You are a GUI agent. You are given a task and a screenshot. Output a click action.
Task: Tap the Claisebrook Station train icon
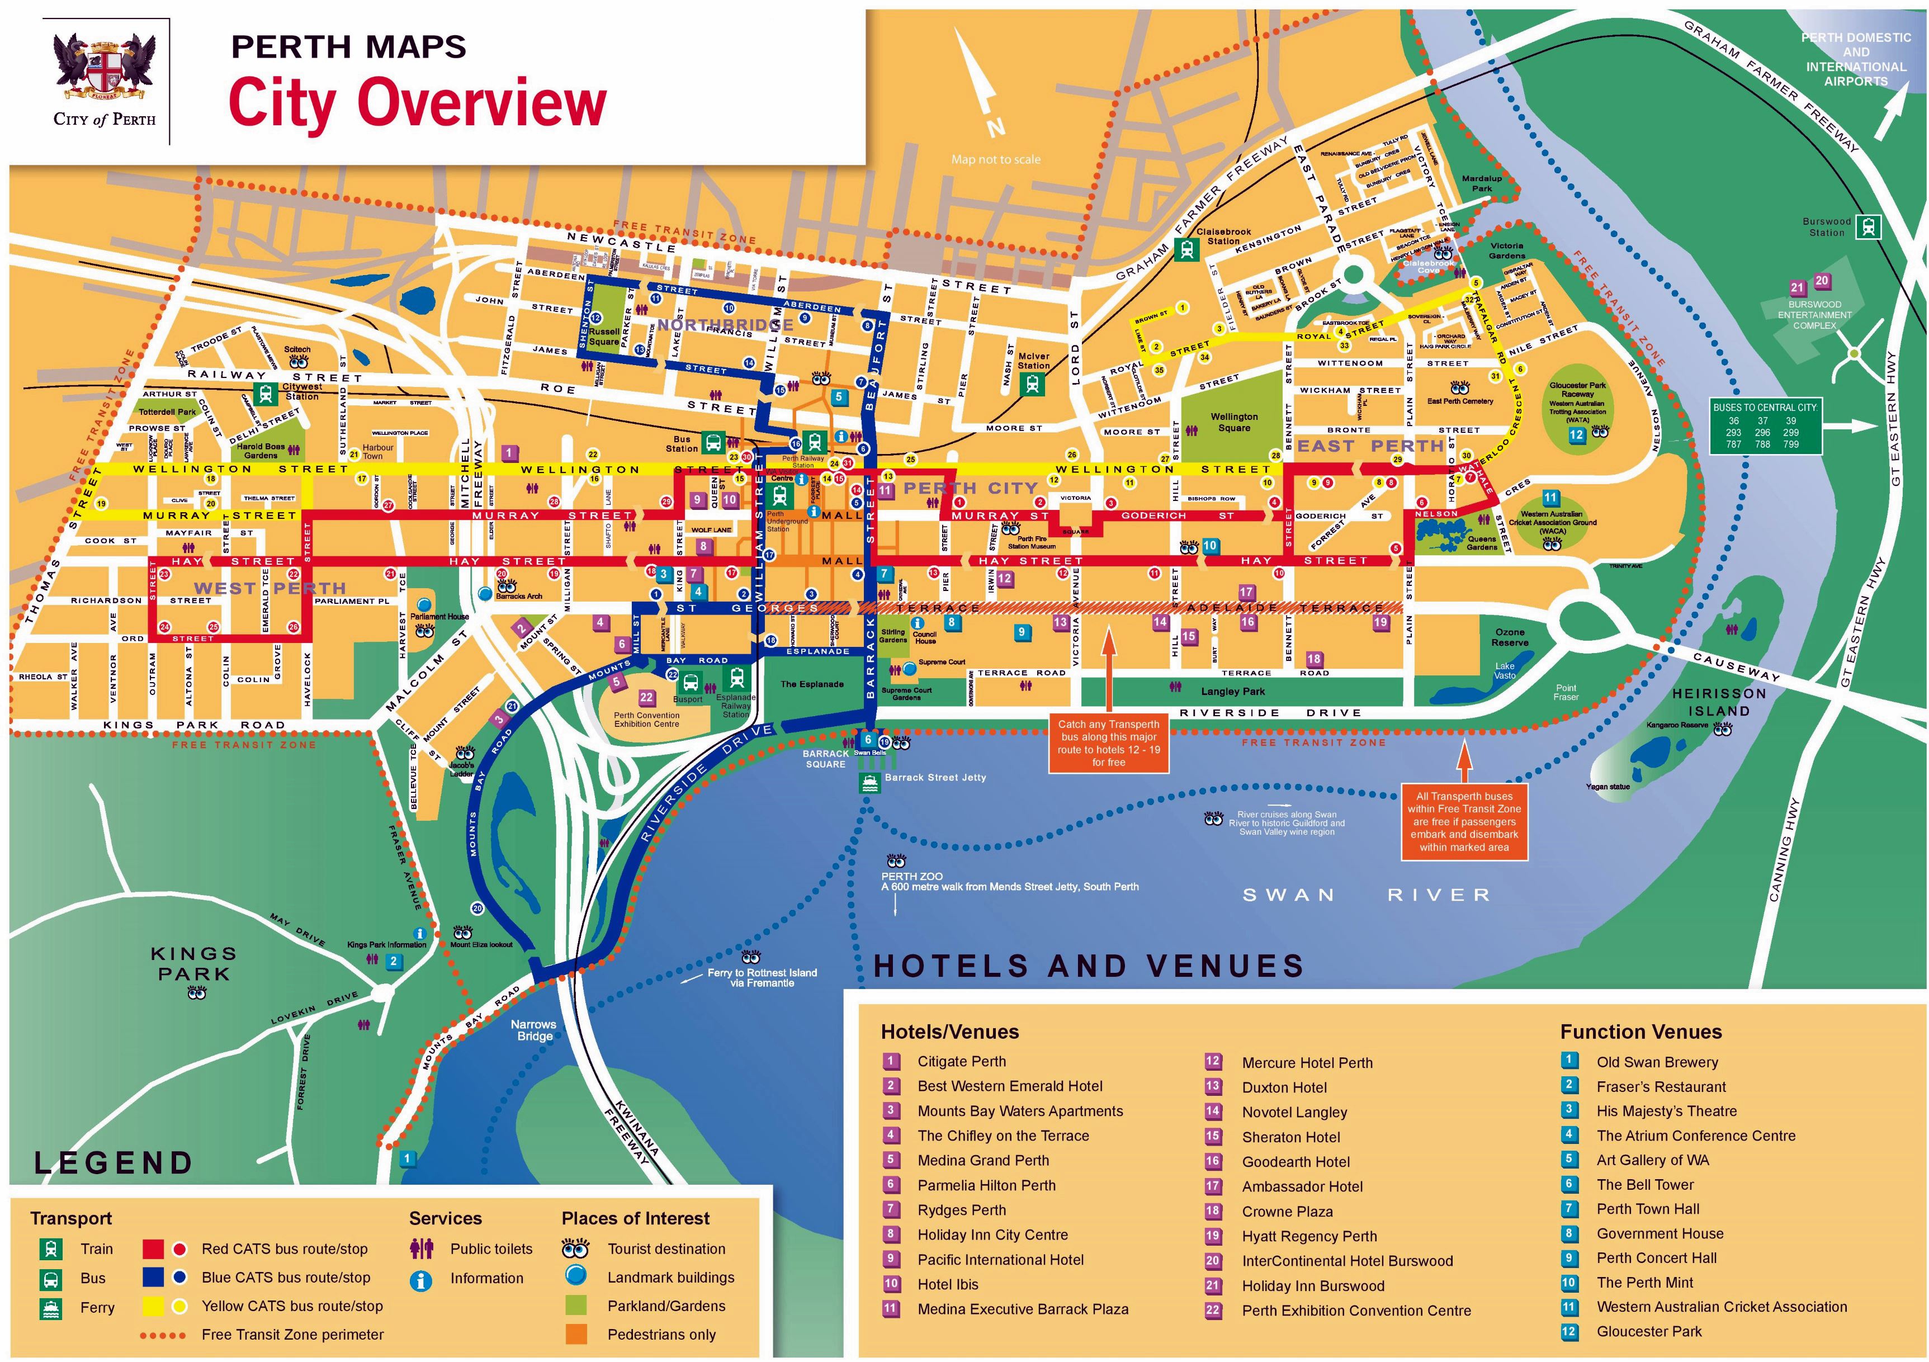tap(1186, 249)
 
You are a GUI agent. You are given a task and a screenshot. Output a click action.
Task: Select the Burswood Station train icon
tap(1867, 227)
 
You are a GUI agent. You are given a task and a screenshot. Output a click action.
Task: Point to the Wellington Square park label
tap(1233, 422)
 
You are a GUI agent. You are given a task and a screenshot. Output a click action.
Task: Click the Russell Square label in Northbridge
tap(603, 336)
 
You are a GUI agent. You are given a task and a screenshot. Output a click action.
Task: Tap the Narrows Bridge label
tap(533, 1029)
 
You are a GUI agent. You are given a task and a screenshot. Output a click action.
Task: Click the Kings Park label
tap(193, 964)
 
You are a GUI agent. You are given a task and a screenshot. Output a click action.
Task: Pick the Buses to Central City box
tap(1766, 427)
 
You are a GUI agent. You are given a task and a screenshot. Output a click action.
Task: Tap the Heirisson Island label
tap(1719, 702)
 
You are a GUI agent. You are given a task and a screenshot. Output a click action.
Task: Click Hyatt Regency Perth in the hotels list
tap(1309, 1236)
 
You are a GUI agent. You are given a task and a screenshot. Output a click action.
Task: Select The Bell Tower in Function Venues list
tap(1644, 1185)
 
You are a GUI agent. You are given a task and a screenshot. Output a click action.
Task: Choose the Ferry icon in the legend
tap(50, 1308)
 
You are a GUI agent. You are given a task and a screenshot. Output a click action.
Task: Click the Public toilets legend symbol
tap(421, 1248)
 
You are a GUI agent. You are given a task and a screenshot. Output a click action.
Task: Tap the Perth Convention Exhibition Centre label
tap(646, 719)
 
